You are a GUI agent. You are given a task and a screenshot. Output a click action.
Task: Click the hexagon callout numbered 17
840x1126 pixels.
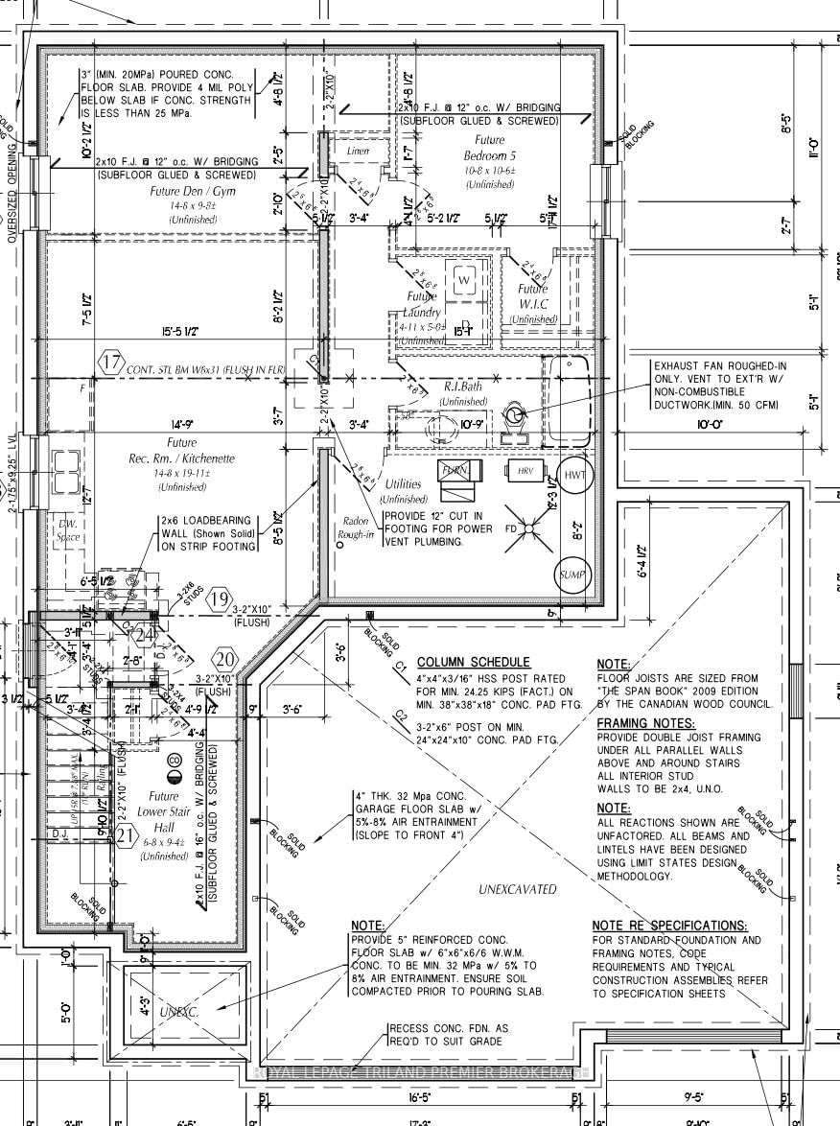tap(112, 364)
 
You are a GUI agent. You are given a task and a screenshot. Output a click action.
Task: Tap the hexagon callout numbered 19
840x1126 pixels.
tap(220, 600)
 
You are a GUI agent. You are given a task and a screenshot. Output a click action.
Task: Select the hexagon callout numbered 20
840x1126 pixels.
tap(225, 660)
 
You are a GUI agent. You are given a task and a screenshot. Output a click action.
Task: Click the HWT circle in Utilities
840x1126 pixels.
tap(573, 477)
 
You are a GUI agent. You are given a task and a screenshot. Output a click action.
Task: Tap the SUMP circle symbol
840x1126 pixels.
tap(572, 575)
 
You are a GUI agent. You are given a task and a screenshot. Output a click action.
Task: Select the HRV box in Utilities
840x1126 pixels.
tap(525, 471)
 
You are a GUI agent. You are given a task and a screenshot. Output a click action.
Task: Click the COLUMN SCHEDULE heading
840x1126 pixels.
tap(473, 662)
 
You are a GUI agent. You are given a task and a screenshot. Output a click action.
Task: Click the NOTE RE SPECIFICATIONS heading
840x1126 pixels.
tap(669, 926)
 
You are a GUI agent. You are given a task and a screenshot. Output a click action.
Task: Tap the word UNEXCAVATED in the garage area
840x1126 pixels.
tap(517, 889)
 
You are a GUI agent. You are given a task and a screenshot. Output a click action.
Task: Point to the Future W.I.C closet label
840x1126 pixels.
tap(534, 296)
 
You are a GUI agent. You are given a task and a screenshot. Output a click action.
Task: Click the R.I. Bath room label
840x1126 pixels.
tap(464, 387)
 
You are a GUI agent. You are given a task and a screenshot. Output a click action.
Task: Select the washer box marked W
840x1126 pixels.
tap(464, 279)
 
